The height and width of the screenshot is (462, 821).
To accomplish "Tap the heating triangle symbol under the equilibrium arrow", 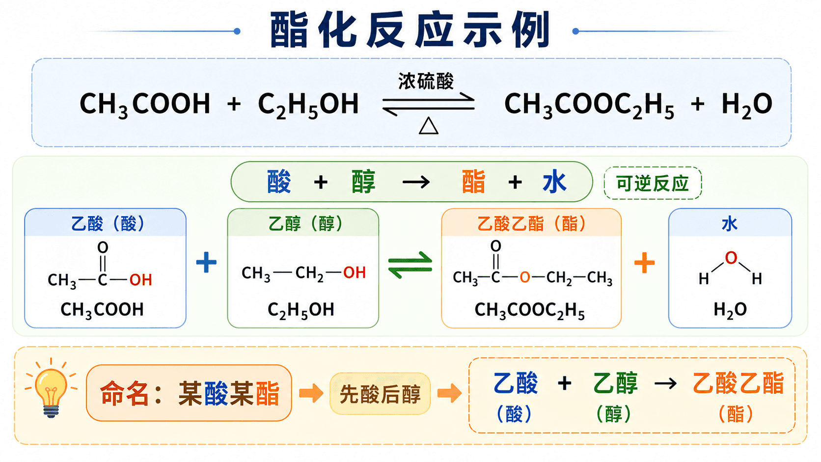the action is [429, 126].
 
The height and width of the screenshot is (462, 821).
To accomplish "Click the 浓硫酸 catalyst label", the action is [426, 82].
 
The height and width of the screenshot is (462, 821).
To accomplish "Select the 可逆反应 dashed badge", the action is [653, 183].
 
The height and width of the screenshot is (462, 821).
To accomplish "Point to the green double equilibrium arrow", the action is [410, 265].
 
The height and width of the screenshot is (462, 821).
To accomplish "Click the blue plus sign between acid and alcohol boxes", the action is [206, 262].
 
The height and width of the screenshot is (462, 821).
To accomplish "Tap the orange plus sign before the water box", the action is [644, 263].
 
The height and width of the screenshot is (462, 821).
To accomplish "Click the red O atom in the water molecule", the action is [731, 258].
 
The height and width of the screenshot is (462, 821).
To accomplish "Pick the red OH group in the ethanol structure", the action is [354, 272].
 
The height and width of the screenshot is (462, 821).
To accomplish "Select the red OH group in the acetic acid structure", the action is [140, 280].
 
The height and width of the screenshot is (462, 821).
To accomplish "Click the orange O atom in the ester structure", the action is [524, 277].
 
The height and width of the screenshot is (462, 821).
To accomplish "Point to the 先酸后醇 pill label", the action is [380, 394].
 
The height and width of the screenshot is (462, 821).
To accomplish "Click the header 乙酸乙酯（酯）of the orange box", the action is [531, 223].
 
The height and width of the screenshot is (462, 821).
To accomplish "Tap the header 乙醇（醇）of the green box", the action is [305, 223].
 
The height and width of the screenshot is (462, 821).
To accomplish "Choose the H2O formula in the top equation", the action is [746, 105].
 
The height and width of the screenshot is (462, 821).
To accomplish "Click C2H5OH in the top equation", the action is [308, 105].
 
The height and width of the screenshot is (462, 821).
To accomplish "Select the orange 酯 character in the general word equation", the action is [473, 182].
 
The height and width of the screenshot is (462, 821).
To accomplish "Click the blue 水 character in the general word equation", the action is [554, 182].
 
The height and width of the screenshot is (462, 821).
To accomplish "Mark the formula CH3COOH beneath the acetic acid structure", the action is [102, 310].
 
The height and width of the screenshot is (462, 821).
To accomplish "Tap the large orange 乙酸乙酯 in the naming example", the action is [738, 383].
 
